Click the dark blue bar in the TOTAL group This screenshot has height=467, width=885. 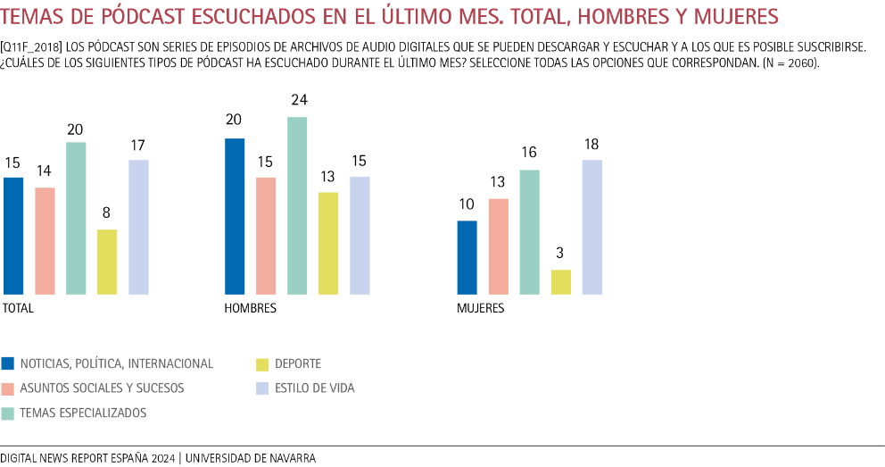point(13,237)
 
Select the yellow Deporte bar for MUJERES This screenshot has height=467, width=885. point(561,282)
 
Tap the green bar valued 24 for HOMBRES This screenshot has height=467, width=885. point(297,206)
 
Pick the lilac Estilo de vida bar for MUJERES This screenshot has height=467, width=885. point(592,228)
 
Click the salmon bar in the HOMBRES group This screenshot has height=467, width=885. point(266,237)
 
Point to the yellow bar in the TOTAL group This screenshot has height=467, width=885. point(107,263)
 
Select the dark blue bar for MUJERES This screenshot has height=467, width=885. point(467,258)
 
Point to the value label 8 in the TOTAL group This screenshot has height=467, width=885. point(107,213)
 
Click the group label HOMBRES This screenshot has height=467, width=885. point(251,308)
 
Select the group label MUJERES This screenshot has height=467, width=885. point(481,308)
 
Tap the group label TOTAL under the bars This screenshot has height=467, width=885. point(19,308)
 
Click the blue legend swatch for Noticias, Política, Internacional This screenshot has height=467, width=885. point(8,363)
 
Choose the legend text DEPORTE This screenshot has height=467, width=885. point(298,363)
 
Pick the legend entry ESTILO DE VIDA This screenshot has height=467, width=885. point(315,388)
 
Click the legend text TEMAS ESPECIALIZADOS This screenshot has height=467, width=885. point(83,413)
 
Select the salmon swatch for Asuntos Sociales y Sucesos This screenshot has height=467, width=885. point(8,388)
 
